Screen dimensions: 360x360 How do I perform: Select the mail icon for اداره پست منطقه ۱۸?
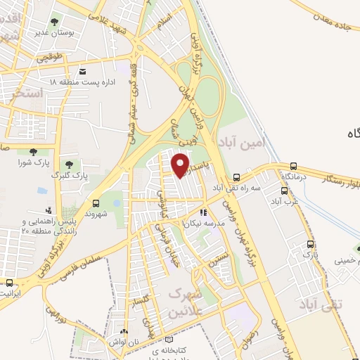pos(83,72)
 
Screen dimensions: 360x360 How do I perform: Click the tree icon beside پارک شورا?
pos(32,151)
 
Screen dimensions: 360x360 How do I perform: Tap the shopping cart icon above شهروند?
pos(96,202)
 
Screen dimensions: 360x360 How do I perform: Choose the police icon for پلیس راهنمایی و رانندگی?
pos(48,210)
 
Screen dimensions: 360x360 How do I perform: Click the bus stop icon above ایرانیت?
pos(8,283)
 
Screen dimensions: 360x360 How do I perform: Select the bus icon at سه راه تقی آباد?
pos(236,177)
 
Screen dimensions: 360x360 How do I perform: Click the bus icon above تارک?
pos(310,244)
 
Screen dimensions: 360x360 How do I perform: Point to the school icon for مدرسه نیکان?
pos(202,212)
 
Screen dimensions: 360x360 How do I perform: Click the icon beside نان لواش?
pos(124,331)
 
